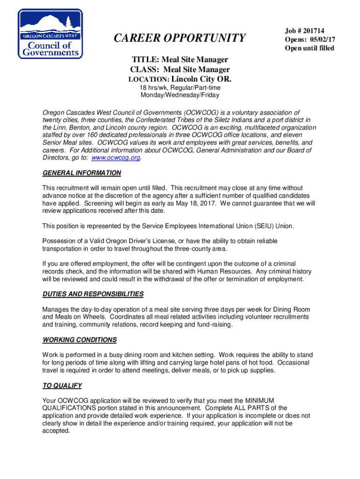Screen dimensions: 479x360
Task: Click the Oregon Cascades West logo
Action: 50,34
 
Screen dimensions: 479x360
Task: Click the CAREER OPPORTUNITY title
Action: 180,37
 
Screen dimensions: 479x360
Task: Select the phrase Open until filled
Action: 310,49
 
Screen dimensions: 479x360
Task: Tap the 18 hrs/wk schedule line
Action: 180,87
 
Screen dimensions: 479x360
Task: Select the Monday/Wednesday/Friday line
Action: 180,95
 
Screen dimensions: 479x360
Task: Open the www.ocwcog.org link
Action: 115,158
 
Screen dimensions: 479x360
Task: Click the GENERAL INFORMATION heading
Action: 81,173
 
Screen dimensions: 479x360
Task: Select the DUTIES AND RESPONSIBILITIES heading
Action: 93,294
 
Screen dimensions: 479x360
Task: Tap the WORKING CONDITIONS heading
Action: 79,340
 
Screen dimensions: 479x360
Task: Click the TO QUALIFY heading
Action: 62,385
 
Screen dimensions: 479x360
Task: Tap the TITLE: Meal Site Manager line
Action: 180,59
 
